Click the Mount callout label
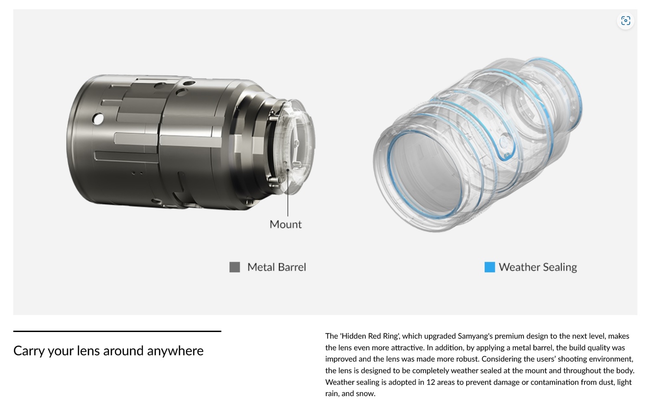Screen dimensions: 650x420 [286, 225]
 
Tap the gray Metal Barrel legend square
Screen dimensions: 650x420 [234, 267]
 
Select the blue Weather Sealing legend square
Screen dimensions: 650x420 [490, 267]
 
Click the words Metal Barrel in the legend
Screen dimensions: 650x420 [276, 267]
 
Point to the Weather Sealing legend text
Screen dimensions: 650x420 [538, 267]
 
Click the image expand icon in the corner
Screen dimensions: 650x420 [625, 21]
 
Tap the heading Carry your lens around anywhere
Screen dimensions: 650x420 [108, 351]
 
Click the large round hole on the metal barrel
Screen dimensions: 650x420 [98, 119]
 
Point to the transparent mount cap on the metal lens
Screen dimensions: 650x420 [296, 147]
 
